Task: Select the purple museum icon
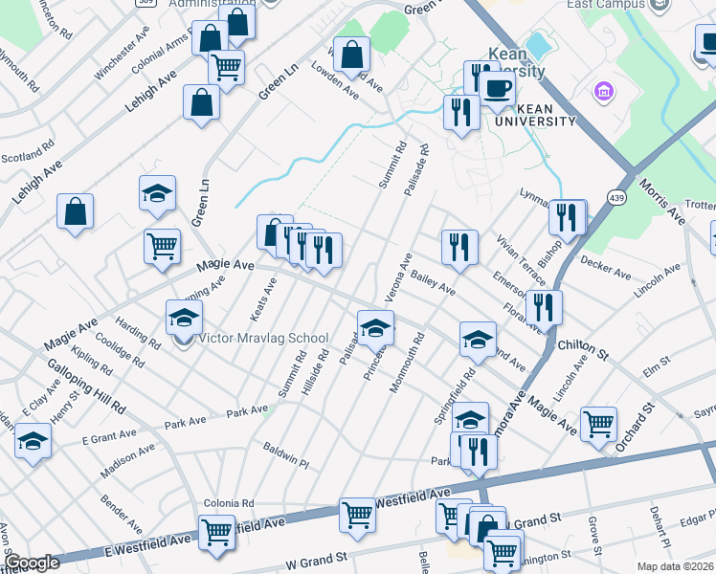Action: (604, 92)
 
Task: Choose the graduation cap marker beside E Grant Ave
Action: (33, 442)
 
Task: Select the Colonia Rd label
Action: (229, 503)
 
